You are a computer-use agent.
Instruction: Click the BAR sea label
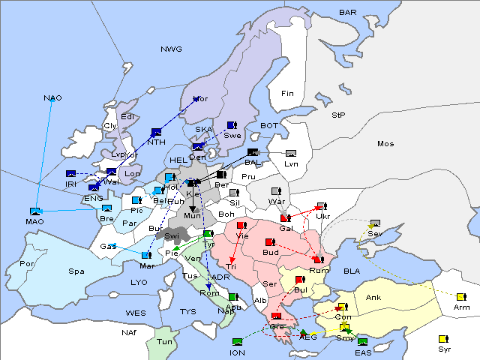pos(347,13)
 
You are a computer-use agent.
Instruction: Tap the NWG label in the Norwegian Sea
pos(171,49)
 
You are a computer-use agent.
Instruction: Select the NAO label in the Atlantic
pos(52,98)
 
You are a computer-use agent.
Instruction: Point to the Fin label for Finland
pos(286,94)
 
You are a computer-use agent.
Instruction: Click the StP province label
pos(338,115)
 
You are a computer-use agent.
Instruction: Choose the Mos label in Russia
pos(385,143)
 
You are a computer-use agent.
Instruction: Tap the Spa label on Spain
pos(76,271)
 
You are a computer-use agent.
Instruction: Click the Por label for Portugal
pos(27,264)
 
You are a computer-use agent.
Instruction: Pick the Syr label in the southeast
pos(445,349)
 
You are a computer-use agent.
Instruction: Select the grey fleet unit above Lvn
pos(291,153)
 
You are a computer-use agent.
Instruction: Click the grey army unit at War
pos(276,191)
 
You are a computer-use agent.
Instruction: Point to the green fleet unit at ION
pos(238,342)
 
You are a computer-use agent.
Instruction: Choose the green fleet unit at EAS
pos(362,342)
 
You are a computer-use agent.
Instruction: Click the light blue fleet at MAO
pos(34,211)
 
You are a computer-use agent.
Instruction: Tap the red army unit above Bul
pos(300,280)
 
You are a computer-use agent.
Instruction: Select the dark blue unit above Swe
pos(232,125)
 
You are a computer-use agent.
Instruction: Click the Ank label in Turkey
pos(373,298)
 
